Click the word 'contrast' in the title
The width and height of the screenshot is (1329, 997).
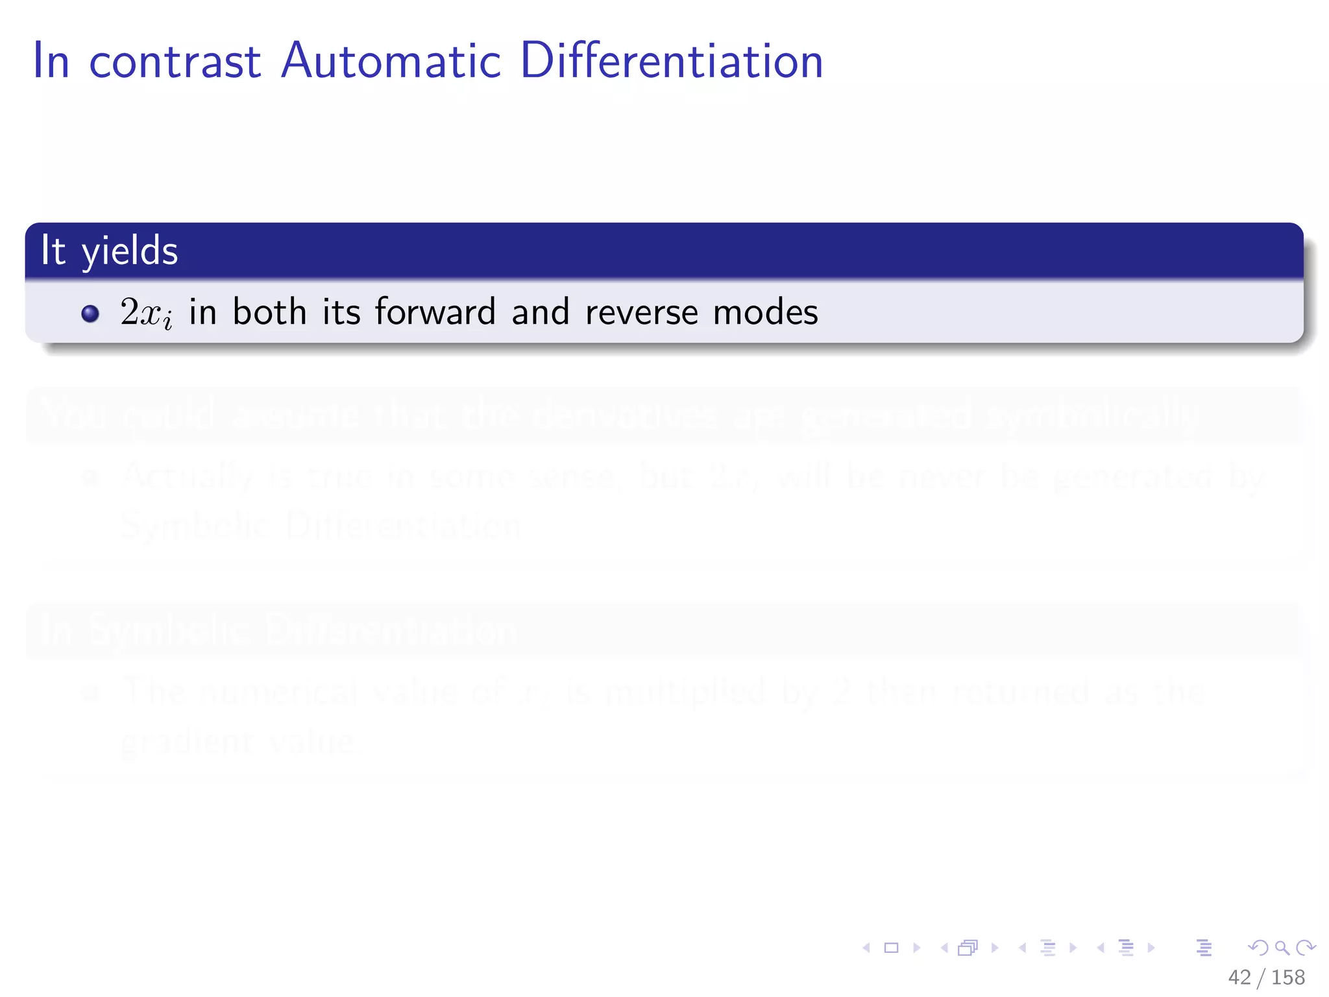coord(175,62)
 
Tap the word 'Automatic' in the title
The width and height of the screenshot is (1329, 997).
coord(391,62)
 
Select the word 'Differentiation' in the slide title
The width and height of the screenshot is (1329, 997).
coord(672,62)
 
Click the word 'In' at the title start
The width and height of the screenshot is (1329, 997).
coord(51,62)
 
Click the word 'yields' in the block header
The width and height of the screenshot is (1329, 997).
coord(129,252)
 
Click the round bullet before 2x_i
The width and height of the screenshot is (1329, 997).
coord(90,314)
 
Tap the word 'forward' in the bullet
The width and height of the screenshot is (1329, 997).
coord(435,312)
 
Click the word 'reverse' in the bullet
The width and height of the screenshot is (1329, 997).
coord(641,313)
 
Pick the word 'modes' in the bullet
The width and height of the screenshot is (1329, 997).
coord(765,312)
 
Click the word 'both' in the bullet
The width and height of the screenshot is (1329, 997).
coord(269,312)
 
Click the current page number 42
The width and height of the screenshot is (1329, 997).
coord(1239,978)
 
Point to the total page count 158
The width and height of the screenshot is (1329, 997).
coord(1288,978)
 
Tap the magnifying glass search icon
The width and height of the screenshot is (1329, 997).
coord(1282,948)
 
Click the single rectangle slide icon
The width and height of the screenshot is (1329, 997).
coord(892,948)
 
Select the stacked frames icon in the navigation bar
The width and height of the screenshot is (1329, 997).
coord(968,948)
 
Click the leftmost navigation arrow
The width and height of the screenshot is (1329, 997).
coord(866,948)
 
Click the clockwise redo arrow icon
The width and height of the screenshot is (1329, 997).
coord(1306,948)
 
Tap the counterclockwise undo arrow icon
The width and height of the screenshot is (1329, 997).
coord(1258,948)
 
